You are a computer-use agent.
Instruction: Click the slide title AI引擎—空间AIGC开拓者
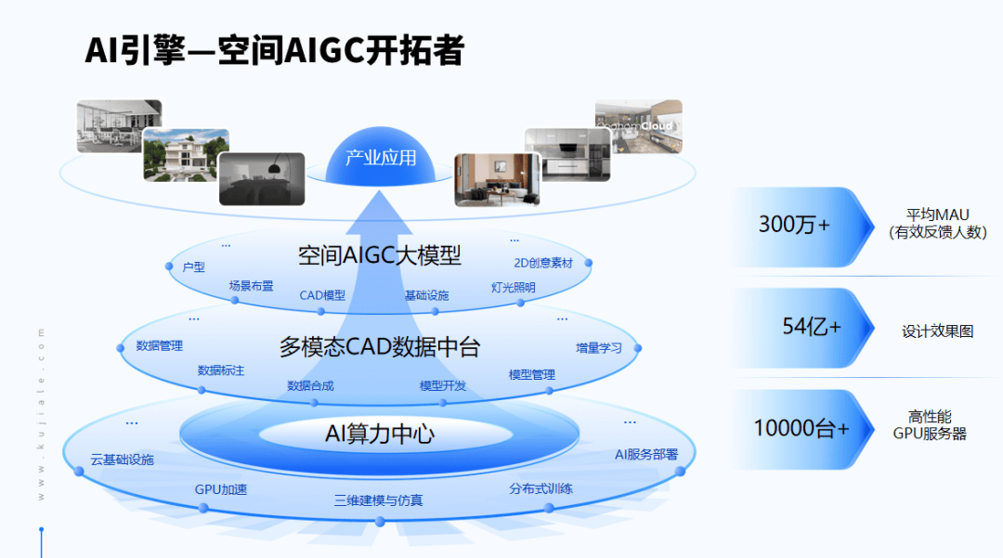tap(274, 51)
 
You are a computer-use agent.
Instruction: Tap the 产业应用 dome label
tap(381, 158)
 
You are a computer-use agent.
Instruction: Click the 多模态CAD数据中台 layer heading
tap(380, 347)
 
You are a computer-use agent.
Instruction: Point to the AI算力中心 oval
tap(380, 433)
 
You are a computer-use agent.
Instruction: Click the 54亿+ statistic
tap(811, 327)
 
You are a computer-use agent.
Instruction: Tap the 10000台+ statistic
tap(801, 428)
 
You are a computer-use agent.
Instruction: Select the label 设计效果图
tap(937, 331)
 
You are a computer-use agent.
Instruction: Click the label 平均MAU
tap(937, 214)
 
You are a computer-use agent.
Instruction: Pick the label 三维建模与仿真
tap(378, 500)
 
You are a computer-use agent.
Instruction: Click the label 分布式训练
tap(541, 488)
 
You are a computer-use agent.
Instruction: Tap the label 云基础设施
tap(122, 460)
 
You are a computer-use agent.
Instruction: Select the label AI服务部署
tap(646, 454)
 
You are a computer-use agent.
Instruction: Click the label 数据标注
tap(221, 370)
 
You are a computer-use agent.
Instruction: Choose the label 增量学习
tap(599, 348)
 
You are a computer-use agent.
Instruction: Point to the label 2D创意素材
tap(543, 263)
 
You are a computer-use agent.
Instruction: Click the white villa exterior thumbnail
tap(186, 154)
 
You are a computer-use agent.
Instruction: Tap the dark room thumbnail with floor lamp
tap(261, 178)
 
